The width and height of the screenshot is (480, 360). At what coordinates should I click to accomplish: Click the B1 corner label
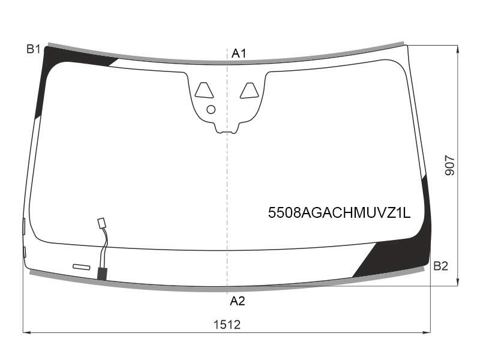[x=34, y=49]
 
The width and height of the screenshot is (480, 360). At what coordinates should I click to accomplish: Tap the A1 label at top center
[x=239, y=53]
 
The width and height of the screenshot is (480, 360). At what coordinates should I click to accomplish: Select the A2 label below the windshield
[x=238, y=301]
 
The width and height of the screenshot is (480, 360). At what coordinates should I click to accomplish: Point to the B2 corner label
[x=441, y=266]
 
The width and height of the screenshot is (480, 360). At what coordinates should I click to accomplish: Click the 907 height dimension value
[x=450, y=166]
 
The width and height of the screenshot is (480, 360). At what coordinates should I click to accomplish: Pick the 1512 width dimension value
[x=227, y=325]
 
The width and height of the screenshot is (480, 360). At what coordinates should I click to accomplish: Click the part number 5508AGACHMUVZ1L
[x=339, y=212]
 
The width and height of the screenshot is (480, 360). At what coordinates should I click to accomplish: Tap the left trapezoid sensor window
[x=204, y=91]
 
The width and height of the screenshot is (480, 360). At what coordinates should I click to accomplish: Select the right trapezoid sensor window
[x=249, y=91]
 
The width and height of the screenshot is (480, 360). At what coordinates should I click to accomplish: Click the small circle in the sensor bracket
[x=211, y=110]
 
